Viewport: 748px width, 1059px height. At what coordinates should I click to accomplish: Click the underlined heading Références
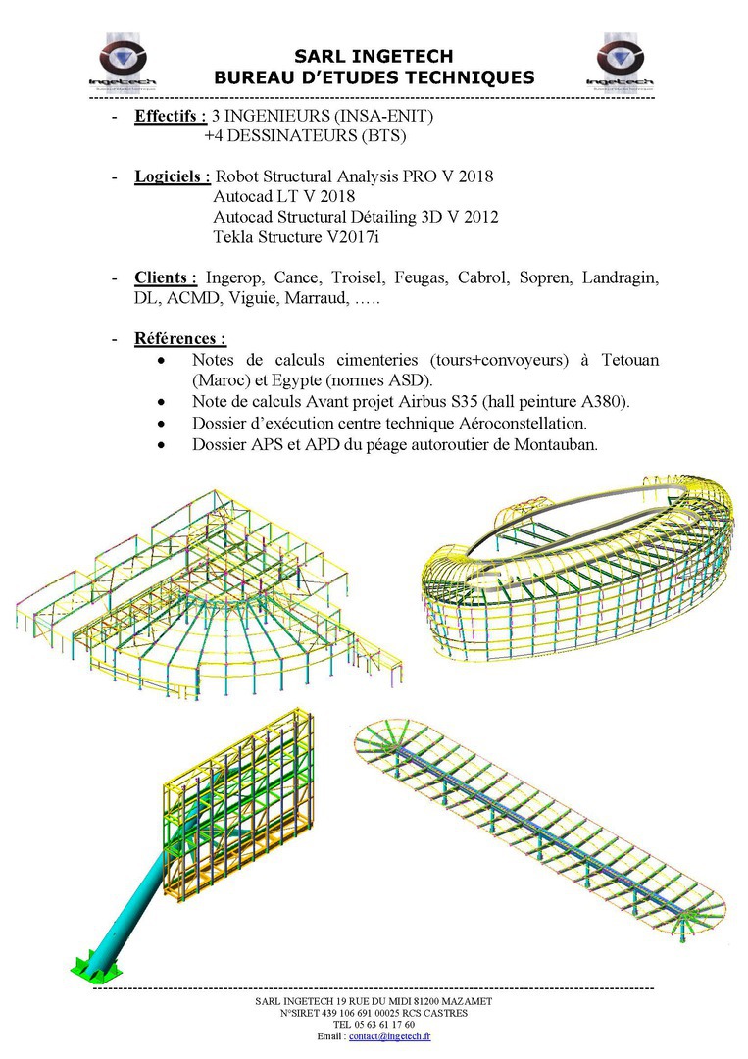tap(180, 339)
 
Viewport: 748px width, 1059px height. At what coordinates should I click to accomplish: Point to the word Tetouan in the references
tap(626, 360)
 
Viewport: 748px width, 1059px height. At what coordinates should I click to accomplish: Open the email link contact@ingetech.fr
tap(390, 1036)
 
